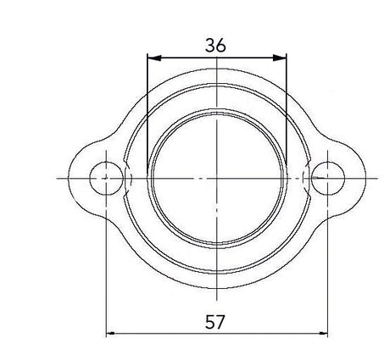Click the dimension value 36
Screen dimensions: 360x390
click(216, 46)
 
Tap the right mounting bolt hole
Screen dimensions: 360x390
click(327, 179)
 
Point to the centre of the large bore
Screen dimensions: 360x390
click(217, 179)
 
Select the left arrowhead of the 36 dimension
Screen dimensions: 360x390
click(152, 58)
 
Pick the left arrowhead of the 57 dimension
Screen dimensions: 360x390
click(111, 334)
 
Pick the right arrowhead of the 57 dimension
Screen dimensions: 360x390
click(322, 334)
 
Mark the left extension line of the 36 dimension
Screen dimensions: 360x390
click(147, 102)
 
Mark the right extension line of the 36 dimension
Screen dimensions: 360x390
click(287, 102)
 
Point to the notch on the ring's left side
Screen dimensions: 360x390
click(127, 179)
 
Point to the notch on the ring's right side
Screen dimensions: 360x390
click(306, 179)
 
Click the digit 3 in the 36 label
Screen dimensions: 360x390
click(210, 46)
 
